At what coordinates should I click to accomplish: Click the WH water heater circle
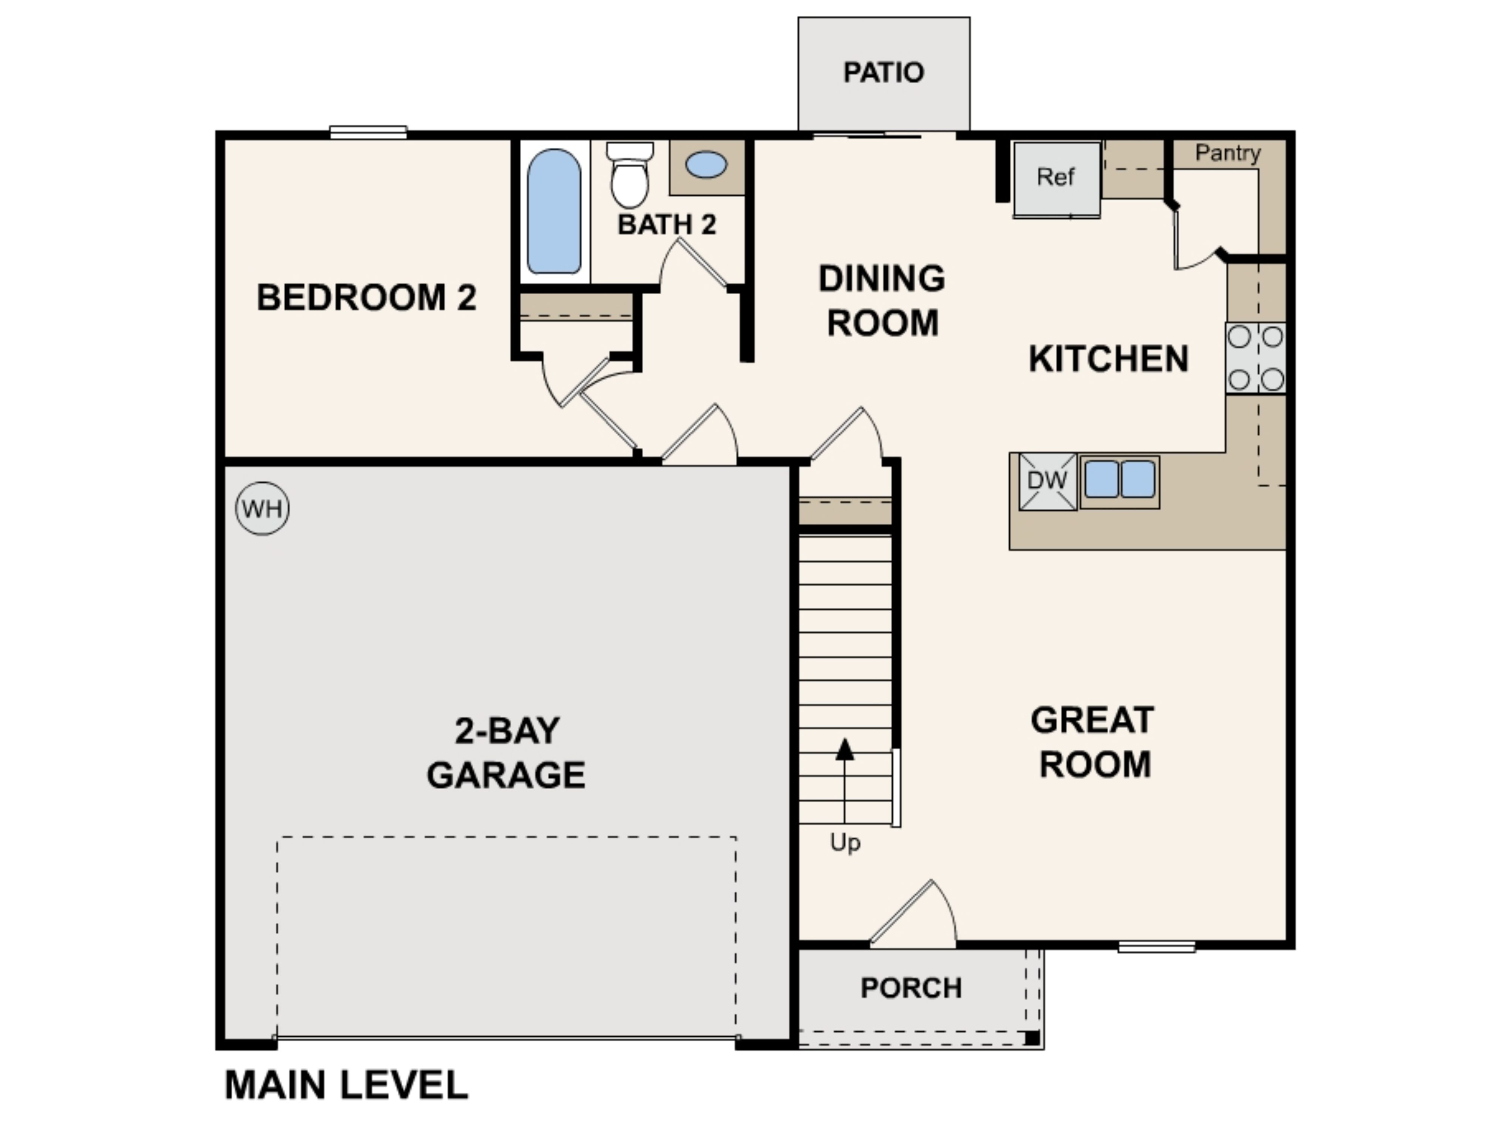coord(262,509)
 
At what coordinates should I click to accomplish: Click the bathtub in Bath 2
coord(554,212)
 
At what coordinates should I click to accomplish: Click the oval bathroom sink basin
coord(706,165)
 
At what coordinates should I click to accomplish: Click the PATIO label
coord(883,73)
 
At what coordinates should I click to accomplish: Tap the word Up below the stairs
coord(845,843)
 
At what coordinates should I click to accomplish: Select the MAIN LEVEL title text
coord(346,1085)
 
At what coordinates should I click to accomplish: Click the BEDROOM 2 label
coord(366,298)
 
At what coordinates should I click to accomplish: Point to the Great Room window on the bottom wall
coord(1156,946)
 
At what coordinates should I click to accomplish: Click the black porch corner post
coord(1032,1039)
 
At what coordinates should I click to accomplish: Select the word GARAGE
coord(505,775)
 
